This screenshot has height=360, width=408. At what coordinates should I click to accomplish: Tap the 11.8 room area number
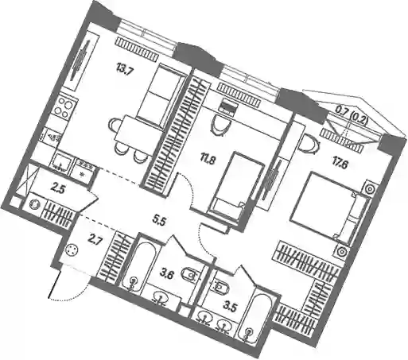[208, 161]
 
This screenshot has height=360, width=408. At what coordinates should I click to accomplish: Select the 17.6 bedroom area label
[339, 165]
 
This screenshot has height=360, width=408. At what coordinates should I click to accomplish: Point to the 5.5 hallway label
[159, 220]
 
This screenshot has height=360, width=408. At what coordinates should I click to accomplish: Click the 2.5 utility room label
[58, 190]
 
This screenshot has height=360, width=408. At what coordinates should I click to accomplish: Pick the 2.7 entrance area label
[95, 242]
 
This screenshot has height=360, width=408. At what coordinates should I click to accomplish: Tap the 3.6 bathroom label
[167, 275]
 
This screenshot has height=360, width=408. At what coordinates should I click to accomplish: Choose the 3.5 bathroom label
[229, 308]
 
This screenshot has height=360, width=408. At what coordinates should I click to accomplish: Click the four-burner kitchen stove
[65, 106]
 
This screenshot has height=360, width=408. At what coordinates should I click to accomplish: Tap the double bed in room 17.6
[328, 207]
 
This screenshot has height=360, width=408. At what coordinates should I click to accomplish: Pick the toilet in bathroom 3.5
[220, 286]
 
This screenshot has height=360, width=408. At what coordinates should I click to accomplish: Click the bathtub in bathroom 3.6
[140, 265]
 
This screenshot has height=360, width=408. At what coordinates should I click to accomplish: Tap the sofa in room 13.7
[160, 96]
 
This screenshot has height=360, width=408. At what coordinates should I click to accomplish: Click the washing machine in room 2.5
[34, 205]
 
